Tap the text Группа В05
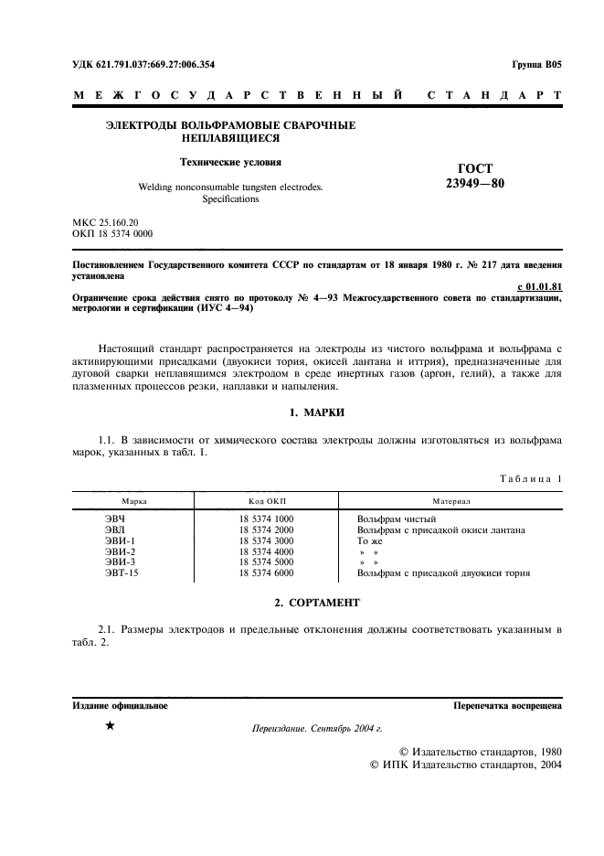click(x=538, y=65)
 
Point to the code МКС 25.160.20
click(x=105, y=222)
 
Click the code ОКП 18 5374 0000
click(x=112, y=234)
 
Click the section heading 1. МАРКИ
click(x=316, y=412)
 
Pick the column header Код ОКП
click(x=267, y=501)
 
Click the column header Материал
click(x=450, y=501)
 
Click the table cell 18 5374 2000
click(x=266, y=530)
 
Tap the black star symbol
click(x=110, y=726)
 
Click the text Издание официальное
click(x=120, y=706)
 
